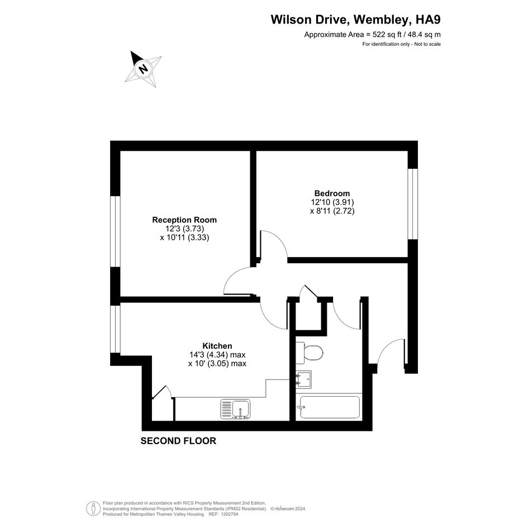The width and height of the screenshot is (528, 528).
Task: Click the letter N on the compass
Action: (x=144, y=69)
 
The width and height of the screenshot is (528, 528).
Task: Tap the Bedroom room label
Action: (x=332, y=193)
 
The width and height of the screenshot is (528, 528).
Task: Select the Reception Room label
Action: (x=184, y=220)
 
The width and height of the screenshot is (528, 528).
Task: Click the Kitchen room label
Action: (x=217, y=346)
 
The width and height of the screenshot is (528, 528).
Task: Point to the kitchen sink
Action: (x=236, y=409)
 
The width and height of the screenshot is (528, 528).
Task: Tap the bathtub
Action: (x=330, y=407)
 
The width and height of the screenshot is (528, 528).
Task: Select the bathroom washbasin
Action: (x=303, y=379)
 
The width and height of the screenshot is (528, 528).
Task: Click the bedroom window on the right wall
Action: (x=411, y=204)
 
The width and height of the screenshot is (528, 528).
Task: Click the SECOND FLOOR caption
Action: (x=178, y=441)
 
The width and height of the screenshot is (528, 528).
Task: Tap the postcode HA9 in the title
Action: (x=428, y=20)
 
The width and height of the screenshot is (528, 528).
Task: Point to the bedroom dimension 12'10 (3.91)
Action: (x=332, y=202)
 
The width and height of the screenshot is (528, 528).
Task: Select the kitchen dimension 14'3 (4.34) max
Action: (x=217, y=355)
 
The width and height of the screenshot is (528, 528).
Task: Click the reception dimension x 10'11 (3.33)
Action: (x=184, y=237)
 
